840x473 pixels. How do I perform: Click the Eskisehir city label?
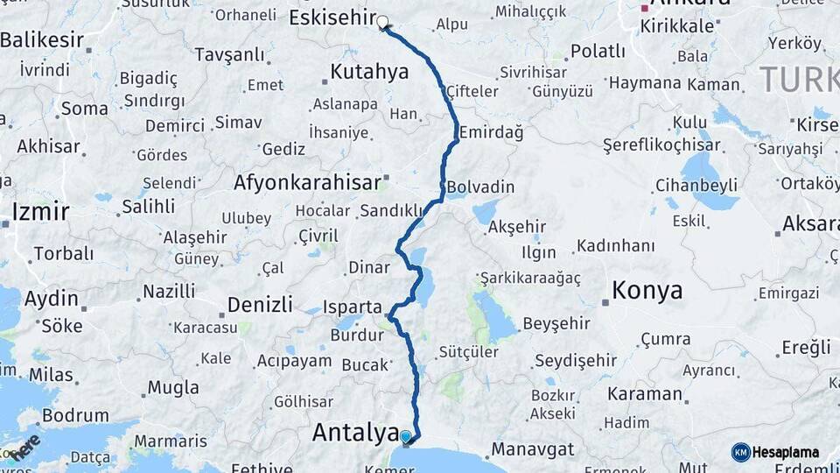tap(332, 18)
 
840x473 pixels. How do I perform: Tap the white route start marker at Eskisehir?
tap(382, 21)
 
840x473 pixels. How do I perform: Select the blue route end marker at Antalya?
tap(406, 435)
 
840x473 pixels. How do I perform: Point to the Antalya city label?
tap(349, 432)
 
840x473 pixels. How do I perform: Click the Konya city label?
tap(647, 290)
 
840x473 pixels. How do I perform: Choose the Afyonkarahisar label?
tap(307, 182)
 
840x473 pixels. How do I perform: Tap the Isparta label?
tap(353, 307)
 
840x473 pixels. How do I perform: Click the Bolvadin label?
tap(480, 187)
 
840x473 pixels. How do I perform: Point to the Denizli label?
tap(260, 304)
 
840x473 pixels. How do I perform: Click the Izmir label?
tap(41, 211)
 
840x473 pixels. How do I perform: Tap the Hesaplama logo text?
tap(787, 453)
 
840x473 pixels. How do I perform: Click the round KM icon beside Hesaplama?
tap(740, 453)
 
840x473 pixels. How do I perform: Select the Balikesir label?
tap(42, 39)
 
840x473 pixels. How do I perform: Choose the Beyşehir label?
tap(556, 323)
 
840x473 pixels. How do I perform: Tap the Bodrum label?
tap(75, 415)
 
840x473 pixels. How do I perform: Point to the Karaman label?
tap(644, 393)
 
